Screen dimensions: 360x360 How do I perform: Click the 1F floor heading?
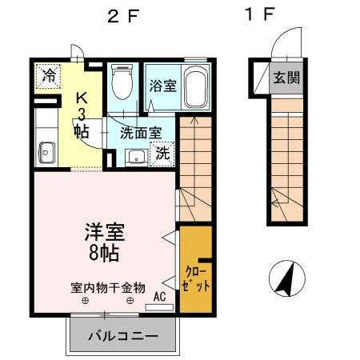pyautogui.click(x=261, y=15)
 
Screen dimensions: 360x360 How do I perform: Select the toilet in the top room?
pyautogui.click(x=122, y=85)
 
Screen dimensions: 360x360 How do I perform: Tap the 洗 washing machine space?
pyautogui.click(x=162, y=152)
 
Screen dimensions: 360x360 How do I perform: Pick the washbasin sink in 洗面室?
pyautogui.click(x=136, y=155)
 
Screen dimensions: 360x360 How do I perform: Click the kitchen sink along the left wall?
pyautogui.click(x=45, y=150)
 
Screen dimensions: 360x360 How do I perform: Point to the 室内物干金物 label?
pyautogui.click(x=106, y=286)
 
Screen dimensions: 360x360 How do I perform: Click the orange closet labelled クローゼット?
pyautogui.click(x=194, y=269)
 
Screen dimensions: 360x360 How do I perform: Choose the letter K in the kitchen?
pyautogui.click(x=81, y=98)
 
